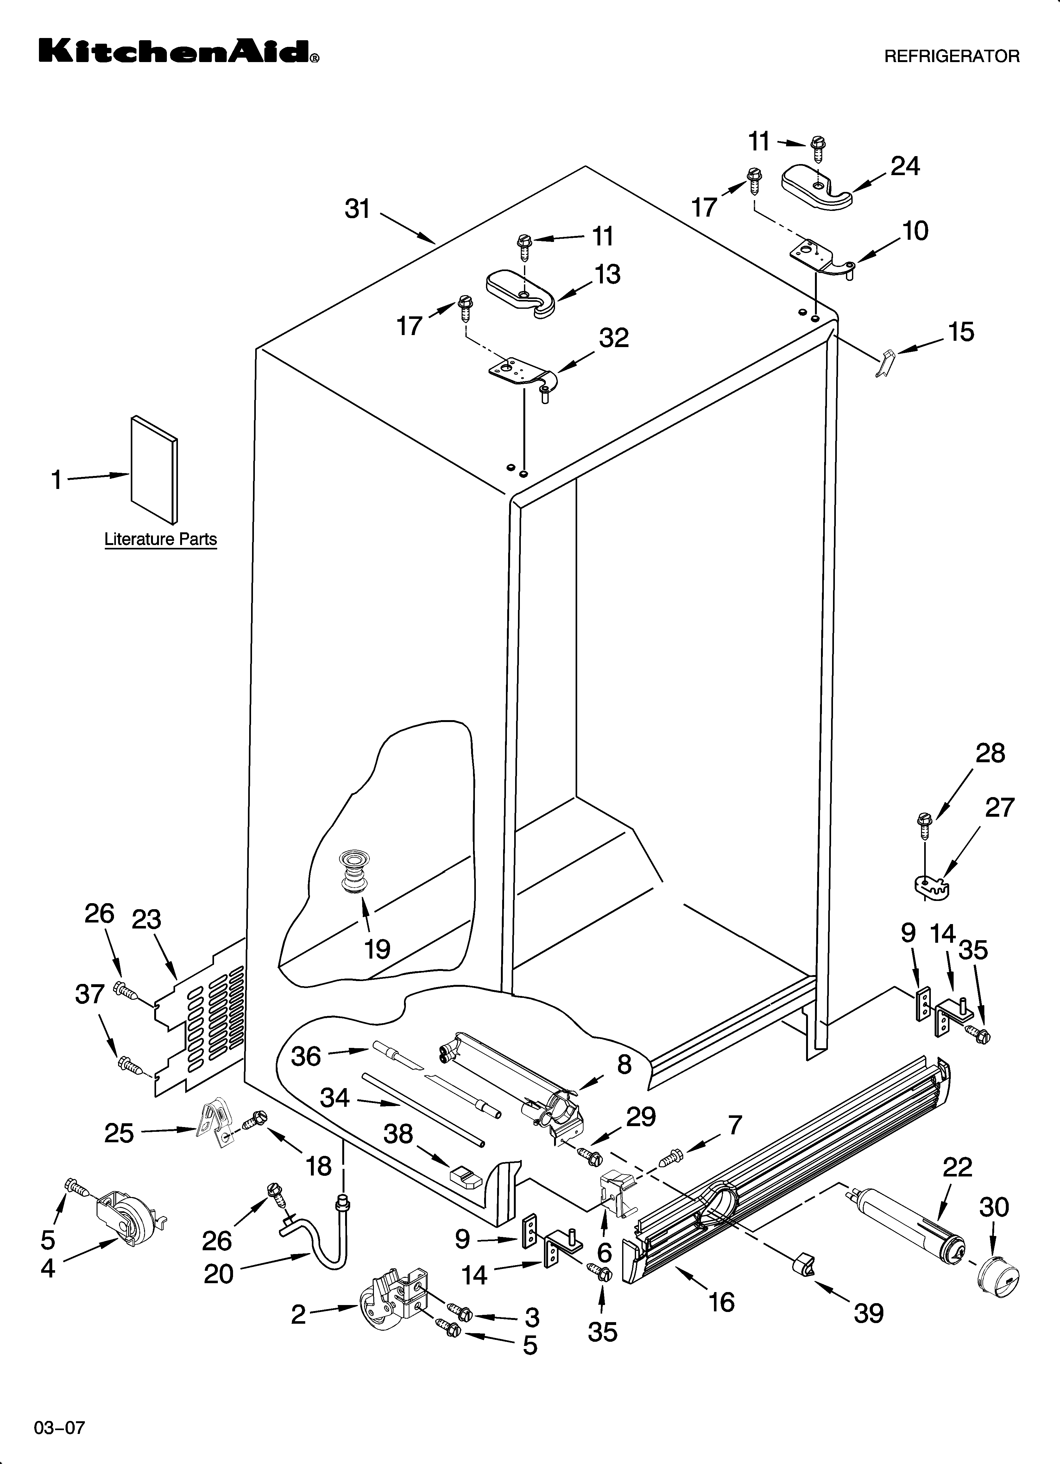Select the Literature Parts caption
(x=161, y=539)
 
